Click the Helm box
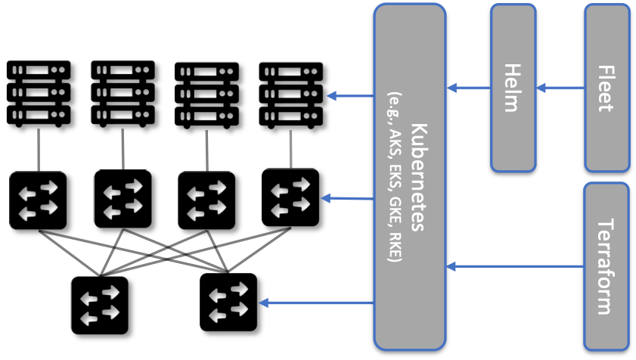[x=513, y=88]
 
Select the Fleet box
[x=607, y=88]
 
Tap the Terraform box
[x=607, y=266]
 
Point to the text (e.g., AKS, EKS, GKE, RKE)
[x=394, y=177]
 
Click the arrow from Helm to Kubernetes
[x=468, y=88]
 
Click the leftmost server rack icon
[x=39, y=93]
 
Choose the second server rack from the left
[x=123, y=93]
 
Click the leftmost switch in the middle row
[x=38, y=200]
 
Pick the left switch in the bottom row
[x=100, y=305]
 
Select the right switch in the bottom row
[x=228, y=303]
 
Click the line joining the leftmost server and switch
[x=39, y=150]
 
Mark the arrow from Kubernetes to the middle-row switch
[x=348, y=199]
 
